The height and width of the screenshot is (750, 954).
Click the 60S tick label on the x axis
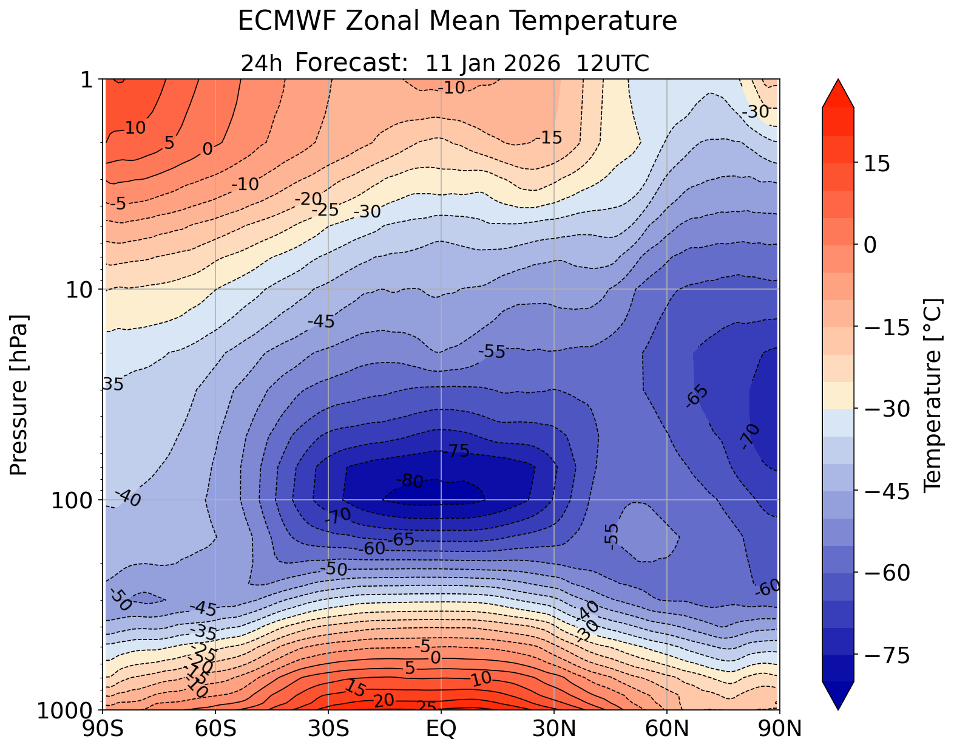coord(215,729)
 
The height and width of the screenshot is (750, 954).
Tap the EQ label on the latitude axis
coord(441,729)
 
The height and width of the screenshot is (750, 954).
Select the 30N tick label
coord(554,729)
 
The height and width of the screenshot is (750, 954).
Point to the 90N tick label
coord(779,729)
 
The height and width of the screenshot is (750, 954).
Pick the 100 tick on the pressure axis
coord(72,500)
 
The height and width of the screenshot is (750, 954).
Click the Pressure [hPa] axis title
coord(19,395)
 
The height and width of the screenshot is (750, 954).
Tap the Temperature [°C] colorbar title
coord(932,395)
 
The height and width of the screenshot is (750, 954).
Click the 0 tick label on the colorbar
coord(870,245)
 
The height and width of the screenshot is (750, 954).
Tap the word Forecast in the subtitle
coord(350,63)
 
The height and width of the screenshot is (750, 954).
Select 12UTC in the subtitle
coord(613,63)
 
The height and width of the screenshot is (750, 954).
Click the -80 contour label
coord(410,482)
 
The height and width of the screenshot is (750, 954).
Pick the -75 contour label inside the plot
coord(456,451)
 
